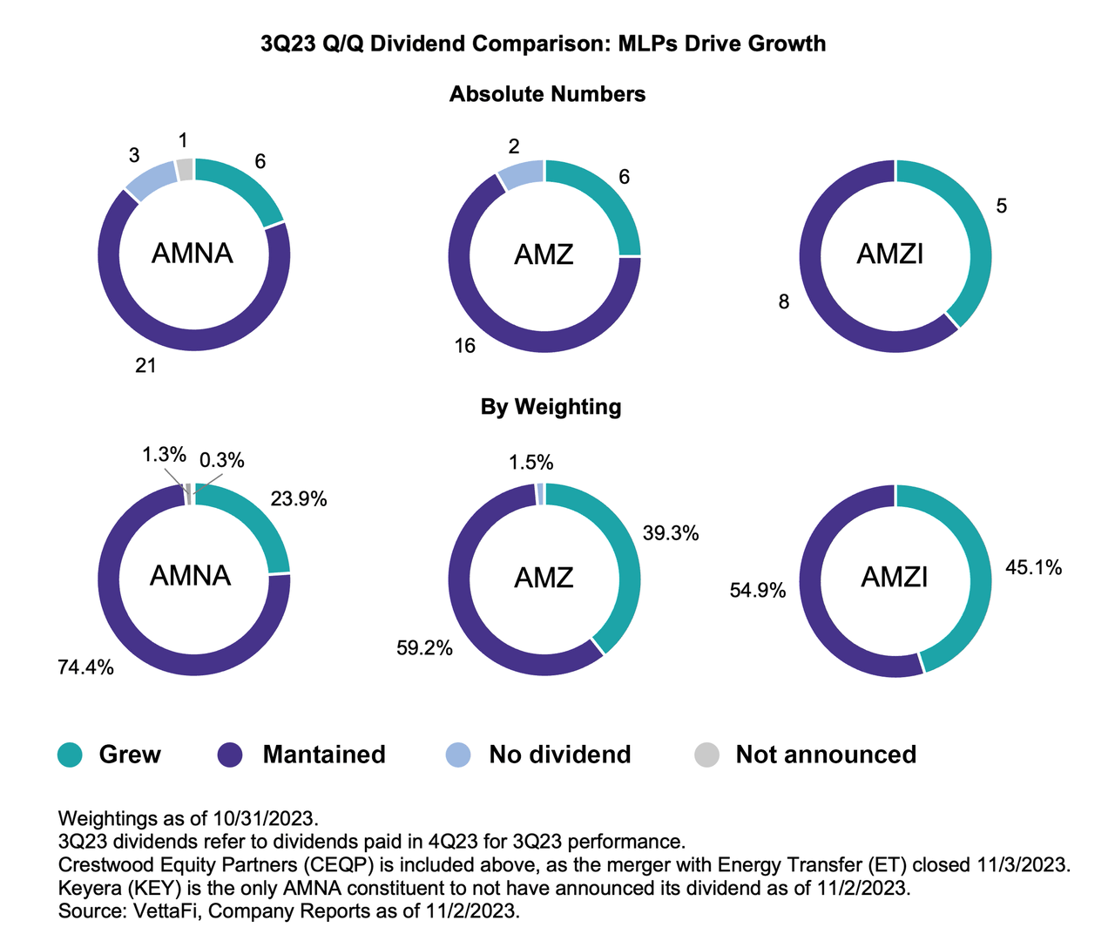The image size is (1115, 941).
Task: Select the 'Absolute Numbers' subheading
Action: (547, 94)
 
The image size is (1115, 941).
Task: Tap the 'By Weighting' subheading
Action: (551, 407)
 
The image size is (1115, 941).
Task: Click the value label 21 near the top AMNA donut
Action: (145, 366)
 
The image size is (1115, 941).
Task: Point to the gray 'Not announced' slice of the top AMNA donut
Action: (184, 169)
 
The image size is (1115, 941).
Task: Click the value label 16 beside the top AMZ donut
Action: (464, 346)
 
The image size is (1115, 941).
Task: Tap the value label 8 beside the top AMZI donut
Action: (784, 302)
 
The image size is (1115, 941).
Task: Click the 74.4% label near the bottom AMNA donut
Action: (85, 668)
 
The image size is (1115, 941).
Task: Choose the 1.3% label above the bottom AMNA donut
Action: (164, 454)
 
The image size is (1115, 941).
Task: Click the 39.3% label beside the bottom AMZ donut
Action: (671, 533)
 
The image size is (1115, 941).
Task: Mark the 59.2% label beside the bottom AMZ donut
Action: (424, 647)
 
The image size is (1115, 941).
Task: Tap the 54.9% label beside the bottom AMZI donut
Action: (758, 591)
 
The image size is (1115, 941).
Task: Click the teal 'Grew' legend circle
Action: (70, 755)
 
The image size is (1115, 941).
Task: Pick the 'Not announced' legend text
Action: (826, 755)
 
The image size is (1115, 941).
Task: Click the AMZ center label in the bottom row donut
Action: (544, 577)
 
